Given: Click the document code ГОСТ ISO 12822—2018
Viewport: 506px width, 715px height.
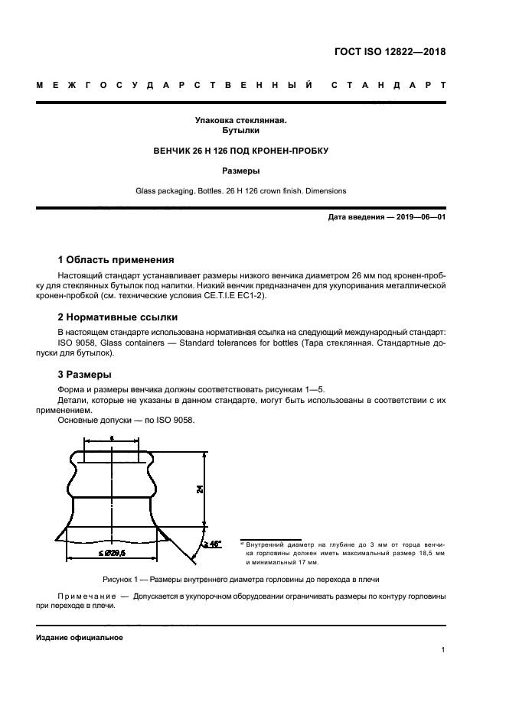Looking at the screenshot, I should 390,53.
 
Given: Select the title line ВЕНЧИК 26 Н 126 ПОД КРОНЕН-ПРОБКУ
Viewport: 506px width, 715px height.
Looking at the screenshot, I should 240,151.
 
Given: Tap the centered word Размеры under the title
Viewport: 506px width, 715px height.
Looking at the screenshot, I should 240,171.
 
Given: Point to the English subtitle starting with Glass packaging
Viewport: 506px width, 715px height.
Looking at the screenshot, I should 240,190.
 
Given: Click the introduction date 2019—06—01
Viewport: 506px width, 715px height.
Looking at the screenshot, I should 418,217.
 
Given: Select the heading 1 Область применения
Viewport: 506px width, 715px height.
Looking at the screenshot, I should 116,259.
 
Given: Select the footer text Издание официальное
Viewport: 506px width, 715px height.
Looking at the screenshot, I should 79,637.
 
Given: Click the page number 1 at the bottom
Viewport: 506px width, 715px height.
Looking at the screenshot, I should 443,650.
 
